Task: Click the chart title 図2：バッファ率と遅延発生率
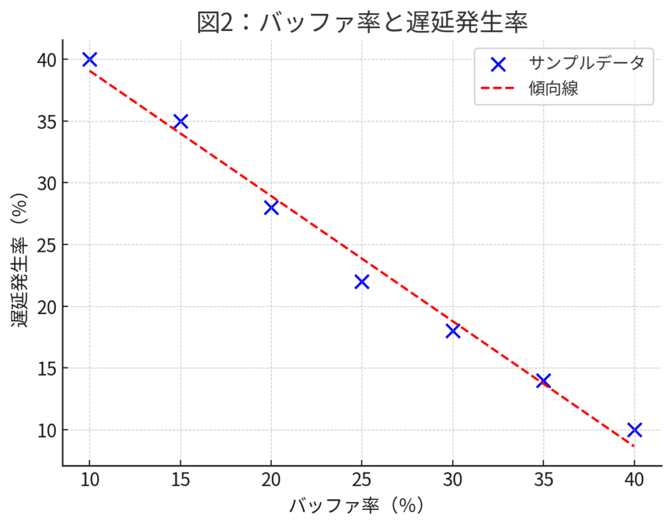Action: tap(362, 22)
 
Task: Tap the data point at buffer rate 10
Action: tap(90, 59)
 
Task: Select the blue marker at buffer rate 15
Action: tap(180, 121)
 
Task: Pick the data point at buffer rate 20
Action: tap(271, 208)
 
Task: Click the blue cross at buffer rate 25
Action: tap(362, 282)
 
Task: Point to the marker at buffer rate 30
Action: tap(452, 331)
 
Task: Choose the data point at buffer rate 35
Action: tap(543, 380)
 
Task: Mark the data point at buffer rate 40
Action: tap(634, 430)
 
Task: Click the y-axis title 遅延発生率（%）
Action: tap(20, 261)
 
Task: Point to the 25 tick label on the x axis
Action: tap(362, 480)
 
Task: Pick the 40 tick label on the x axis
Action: tap(634, 480)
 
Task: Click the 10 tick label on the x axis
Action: tap(90, 480)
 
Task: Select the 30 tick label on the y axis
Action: tap(47, 183)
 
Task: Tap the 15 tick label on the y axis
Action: tap(47, 368)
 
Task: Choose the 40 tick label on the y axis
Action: tap(47, 60)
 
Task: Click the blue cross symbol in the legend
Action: tap(498, 64)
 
